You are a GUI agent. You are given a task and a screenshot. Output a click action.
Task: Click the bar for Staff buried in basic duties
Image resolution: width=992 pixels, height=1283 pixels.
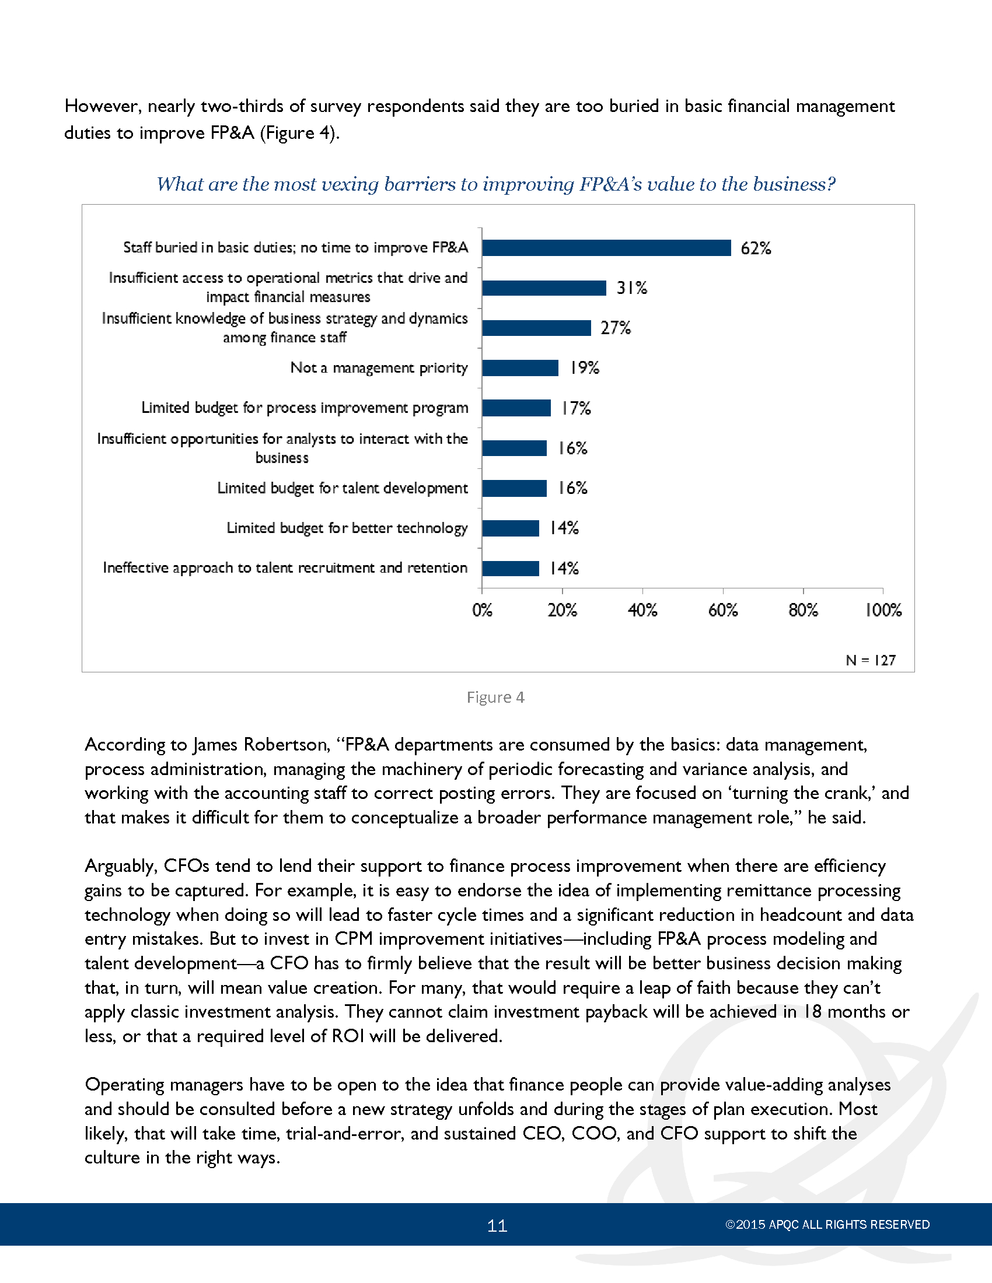[x=606, y=248]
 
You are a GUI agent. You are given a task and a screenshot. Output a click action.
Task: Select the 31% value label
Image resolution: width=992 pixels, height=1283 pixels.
[x=632, y=288]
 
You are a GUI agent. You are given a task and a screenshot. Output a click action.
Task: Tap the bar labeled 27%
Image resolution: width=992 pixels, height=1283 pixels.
[x=536, y=328]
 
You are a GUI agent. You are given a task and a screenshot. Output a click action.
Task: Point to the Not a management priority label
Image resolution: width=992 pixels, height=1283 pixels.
[x=379, y=368]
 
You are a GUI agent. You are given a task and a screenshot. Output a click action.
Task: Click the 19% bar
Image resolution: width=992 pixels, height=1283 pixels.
[x=520, y=368]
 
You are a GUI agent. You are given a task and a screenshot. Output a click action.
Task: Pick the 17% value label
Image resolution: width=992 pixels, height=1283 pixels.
[x=576, y=408]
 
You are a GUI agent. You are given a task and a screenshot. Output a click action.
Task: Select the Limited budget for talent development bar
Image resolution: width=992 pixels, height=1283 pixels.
[x=514, y=488]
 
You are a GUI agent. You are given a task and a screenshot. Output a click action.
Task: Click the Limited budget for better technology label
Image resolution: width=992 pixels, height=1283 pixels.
[x=347, y=528]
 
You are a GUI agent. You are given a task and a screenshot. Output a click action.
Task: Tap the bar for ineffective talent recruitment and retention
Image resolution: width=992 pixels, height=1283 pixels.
[x=511, y=568]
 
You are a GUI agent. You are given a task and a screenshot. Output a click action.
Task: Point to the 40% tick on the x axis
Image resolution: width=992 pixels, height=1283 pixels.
[x=642, y=610]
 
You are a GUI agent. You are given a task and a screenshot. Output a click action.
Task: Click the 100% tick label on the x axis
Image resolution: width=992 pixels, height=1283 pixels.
[x=883, y=610]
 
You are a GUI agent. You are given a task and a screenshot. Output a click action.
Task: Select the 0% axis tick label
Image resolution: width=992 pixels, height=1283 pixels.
[x=482, y=610]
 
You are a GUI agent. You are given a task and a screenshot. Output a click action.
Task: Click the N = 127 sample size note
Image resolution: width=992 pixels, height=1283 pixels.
[x=871, y=660]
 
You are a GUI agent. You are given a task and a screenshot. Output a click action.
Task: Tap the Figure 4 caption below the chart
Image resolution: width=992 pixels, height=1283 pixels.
[x=495, y=697]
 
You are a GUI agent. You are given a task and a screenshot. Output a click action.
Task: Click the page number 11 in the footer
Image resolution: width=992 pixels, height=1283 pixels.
[x=497, y=1225]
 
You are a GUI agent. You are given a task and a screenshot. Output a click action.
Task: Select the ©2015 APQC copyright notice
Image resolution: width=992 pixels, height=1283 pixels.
[x=827, y=1225]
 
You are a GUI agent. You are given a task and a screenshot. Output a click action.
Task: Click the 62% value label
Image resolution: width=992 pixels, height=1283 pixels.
[x=756, y=248]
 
